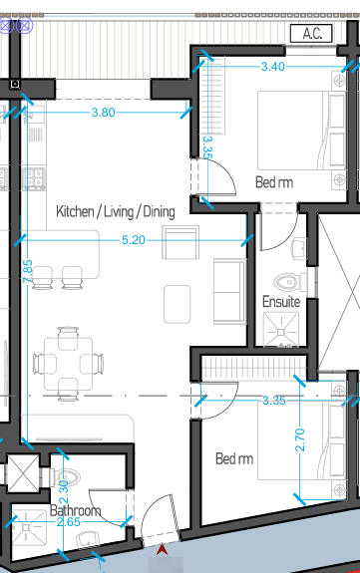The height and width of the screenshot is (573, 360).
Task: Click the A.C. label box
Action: coord(311,34)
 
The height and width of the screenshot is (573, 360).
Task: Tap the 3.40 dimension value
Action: coord(273,67)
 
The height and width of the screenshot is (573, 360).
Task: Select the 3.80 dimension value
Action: coord(104,113)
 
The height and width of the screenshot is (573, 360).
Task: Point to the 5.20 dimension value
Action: coord(134,240)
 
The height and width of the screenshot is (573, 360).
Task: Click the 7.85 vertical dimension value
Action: coord(28,271)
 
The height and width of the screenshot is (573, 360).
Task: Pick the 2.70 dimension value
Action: coord(299,440)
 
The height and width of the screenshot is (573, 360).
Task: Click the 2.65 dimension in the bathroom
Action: coord(69,522)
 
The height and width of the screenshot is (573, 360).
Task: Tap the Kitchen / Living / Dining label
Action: coord(116,211)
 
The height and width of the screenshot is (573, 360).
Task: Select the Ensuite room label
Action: coord(281,302)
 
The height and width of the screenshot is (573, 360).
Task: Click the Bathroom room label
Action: coord(75,510)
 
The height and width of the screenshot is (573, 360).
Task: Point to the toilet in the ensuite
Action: coord(290,282)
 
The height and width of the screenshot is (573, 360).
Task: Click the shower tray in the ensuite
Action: coord(281,331)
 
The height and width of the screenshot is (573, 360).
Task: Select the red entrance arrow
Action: coord(162,550)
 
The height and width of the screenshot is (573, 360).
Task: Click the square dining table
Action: coord(68,364)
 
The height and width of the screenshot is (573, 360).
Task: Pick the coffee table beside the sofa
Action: coord(178,304)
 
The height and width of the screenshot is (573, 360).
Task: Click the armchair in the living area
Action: coord(180,242)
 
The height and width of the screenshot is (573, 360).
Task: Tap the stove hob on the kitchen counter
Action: coord(34,178)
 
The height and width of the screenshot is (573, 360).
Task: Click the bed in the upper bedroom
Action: coord(301,131)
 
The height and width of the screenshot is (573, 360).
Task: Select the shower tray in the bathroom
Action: coord(28,527)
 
